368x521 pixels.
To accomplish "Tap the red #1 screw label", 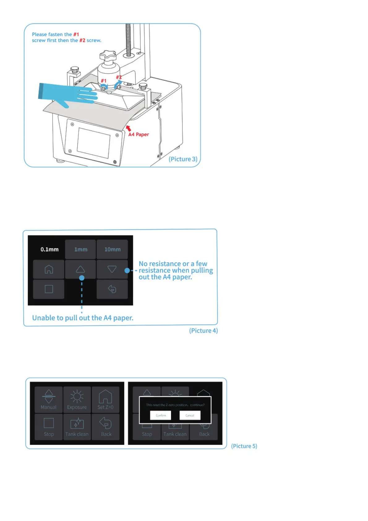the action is [x=104, y=81].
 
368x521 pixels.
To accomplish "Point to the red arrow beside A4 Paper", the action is [x=128, y=128].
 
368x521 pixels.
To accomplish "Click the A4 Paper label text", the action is [x=139, y=134].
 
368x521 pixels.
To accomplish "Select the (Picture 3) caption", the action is [x=183, y=159].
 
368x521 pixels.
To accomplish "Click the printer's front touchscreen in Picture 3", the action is [x=93, y=143].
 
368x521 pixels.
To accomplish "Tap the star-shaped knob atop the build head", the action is [x=108, y=57].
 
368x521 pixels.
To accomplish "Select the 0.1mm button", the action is [x=49, y=249].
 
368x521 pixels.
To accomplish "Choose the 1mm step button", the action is [x=81, y=249].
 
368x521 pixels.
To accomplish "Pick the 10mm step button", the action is [x=112, y=249].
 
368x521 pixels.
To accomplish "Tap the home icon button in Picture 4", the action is [x=49, y=269].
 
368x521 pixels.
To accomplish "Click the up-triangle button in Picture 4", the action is [x=80, y=269].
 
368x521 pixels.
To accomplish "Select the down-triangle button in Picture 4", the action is [x=112, y=269].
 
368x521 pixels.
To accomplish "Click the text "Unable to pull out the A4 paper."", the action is [x=83, y=318].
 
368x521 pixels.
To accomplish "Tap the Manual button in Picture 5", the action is [x=49, y=400].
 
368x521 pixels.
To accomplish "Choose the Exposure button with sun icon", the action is [x=77, y=400].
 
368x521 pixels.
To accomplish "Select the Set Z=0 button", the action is [x=105, y=400].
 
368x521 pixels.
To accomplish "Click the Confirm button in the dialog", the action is [x=160, y=415].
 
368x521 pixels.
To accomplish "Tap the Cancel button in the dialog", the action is [x=190, y=415].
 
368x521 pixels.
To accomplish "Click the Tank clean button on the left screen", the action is [x=77, y=427].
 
